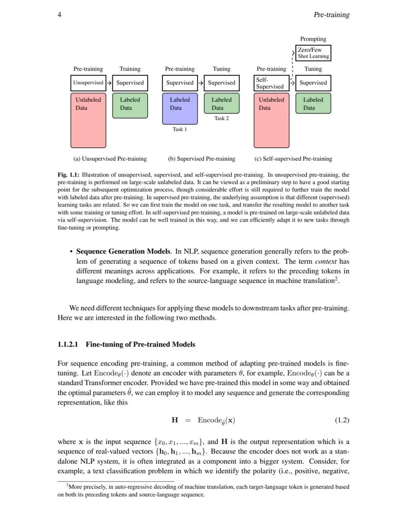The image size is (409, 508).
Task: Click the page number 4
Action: coord(59,15)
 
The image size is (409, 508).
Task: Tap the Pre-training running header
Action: coord(331,15)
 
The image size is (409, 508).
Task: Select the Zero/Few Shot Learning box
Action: coord(313,53)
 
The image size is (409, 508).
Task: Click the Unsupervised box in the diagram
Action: coord(88,83)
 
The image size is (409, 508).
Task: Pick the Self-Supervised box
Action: coord(271,83)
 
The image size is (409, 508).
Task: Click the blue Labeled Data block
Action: coord(180,109)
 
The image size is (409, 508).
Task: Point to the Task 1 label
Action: coord(180,130)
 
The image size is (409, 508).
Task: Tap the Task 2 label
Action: coord(222,119)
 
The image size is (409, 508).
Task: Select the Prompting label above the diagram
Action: coord(313,39)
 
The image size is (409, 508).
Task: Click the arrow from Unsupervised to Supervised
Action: coord(109,83)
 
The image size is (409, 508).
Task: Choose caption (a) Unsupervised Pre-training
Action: coord(110,159)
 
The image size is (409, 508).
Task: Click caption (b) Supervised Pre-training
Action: coord(201,159)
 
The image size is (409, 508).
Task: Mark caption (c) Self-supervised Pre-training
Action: coord(293,159)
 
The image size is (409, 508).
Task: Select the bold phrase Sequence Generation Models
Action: coord(123,252)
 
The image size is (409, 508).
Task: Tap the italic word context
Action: coord(326,261)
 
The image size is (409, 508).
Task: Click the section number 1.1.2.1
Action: coord(68,344)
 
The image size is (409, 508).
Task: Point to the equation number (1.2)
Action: coord(342,420)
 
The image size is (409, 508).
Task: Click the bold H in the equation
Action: coord(175,420)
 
